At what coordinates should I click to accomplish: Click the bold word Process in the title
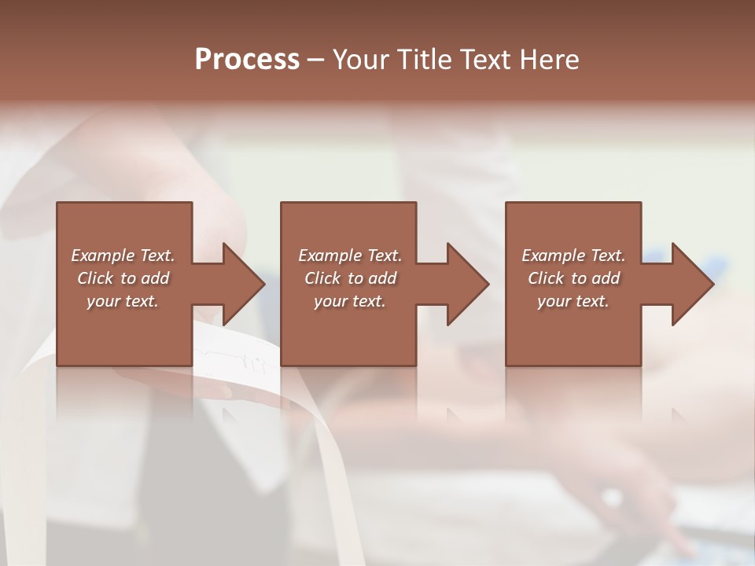[x=247, y=60]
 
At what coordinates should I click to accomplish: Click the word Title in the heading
[x=419, y=60]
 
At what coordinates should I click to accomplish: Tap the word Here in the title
[x=549, y=60]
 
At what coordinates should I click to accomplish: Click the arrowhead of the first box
[x=244, y=284]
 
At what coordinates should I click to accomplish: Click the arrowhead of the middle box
[x=468, y=284]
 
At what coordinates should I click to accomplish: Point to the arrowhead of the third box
[x=692, y=284]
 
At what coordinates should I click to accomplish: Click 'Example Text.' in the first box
[x=123, y=255]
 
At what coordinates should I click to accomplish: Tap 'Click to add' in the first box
[x=123, y=278]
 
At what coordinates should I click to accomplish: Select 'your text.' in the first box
[x=123, y=301]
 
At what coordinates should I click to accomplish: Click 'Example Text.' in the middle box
[x=350, y=255]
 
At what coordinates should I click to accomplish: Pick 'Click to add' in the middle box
[x=350, y=278]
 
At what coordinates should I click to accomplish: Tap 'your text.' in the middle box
[x=350, y=301]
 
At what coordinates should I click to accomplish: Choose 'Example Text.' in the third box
[x=573, y=255]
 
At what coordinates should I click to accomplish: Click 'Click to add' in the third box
[x=573, y=278]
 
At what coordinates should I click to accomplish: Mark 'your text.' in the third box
[x=573, y=301]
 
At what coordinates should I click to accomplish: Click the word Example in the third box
[x=554, y=255]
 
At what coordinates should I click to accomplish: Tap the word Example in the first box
[x=103, y=255]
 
